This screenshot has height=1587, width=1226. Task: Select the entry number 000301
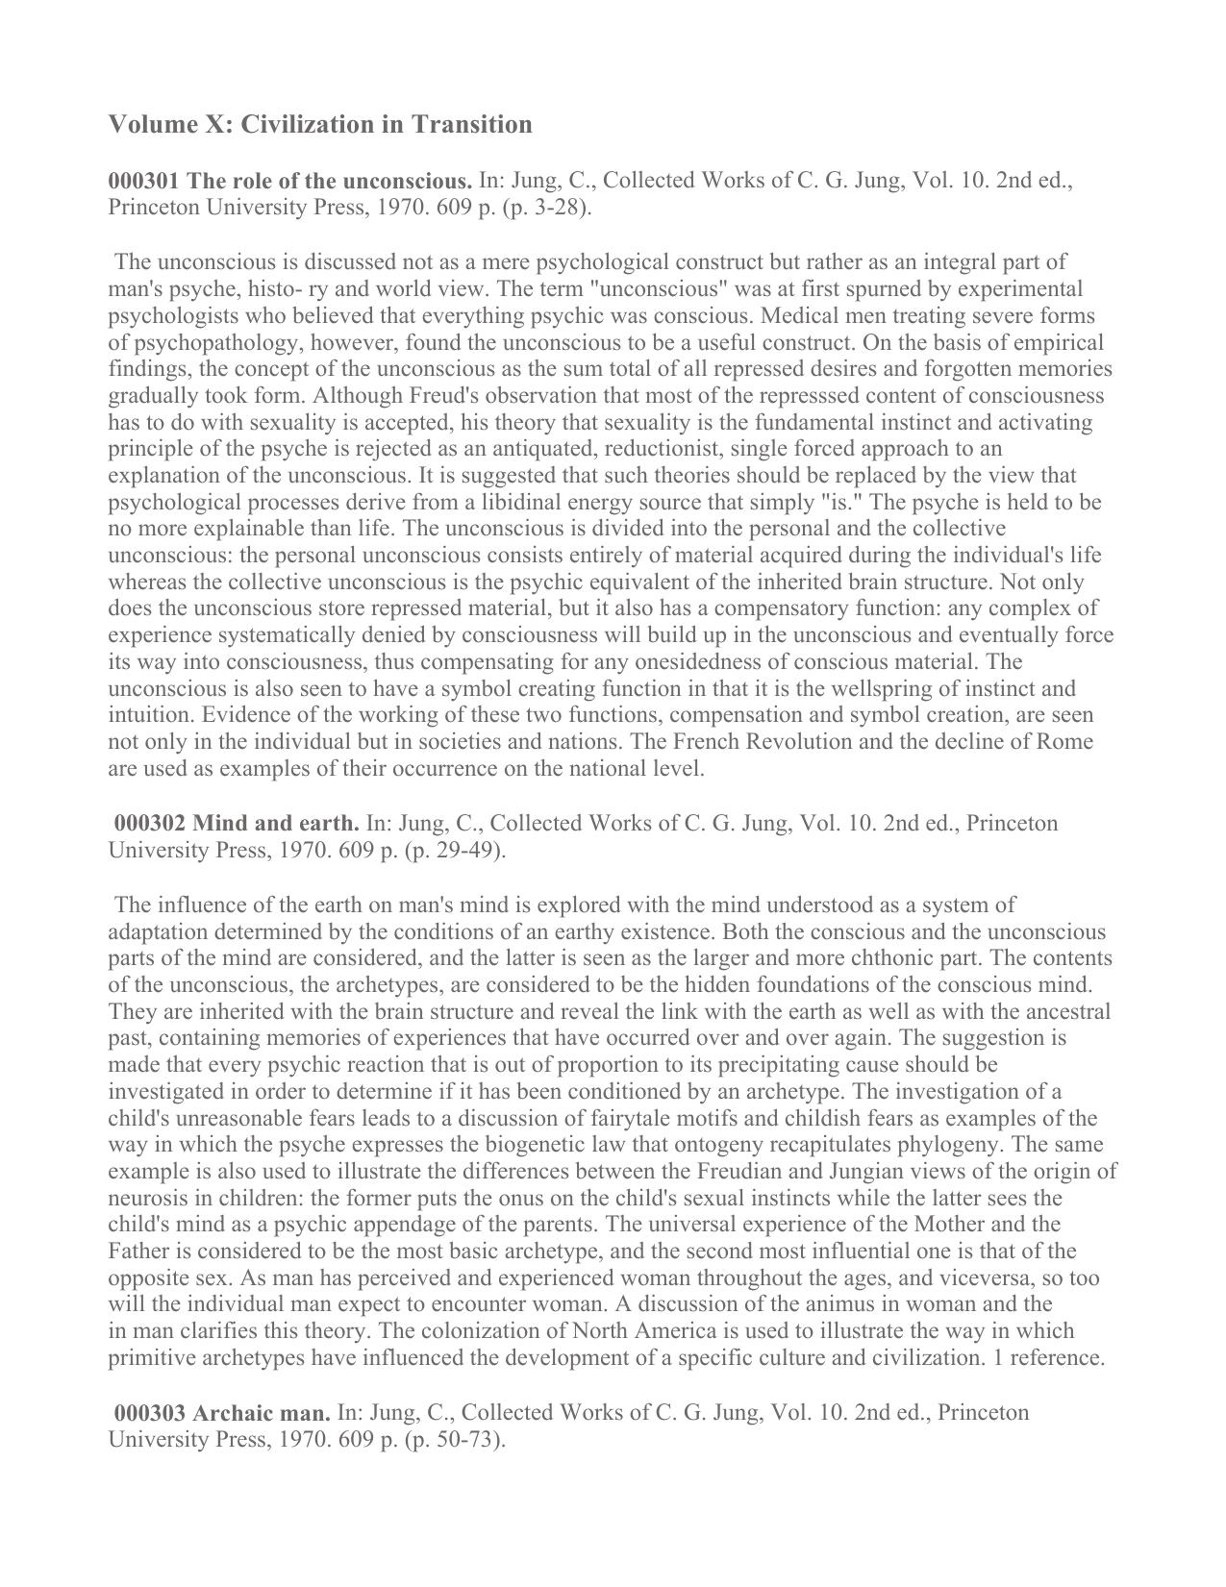pyautogui.click(x=144, y=181)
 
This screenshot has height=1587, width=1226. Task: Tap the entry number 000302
pyautogui.click(x=151, y=823)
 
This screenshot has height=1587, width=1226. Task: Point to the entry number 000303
pyautogui.click(x=151, y=1412)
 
